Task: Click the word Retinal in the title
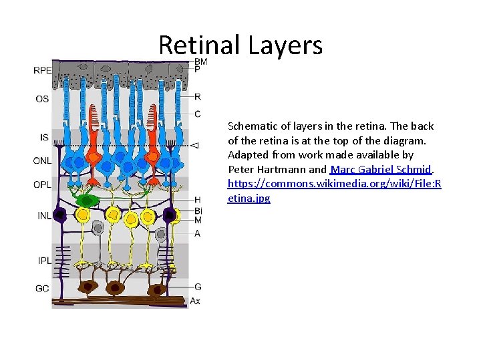click(199, 45)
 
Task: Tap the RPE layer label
click(42, 70)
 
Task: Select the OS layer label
click(42, 100)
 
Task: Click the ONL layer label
click(42, 160)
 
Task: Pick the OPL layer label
click(42, 185)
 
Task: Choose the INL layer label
click(42, 215)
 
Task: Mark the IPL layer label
click(42, 259)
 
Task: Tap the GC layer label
click(42, 288)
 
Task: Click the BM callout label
click(201, 62)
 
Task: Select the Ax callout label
click(195, 302)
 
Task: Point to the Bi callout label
click(198, 211)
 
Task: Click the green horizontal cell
click(86, 200)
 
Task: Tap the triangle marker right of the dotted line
click(194, 144)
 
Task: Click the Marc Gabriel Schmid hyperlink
click(381, 169)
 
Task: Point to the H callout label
click(197, 200)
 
